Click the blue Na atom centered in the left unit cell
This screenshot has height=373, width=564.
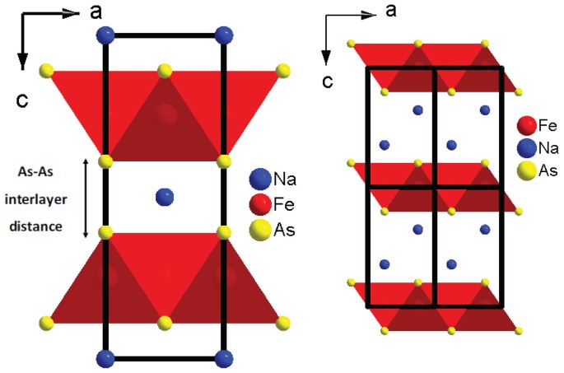click(165, 197)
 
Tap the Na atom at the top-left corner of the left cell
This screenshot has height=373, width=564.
click(105, 35)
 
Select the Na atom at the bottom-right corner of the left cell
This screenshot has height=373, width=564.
click(223, 358)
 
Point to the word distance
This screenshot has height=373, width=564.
click(41, 224)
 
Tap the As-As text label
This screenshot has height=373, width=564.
click(41, 173)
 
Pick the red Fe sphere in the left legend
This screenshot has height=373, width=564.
click(260, 204)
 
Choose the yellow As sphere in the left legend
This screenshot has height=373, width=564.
click(260, 231)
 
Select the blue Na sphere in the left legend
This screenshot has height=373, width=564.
click(260, 179)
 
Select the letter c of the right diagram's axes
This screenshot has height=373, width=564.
click(329, 81)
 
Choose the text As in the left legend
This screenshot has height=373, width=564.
click(284, 231)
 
